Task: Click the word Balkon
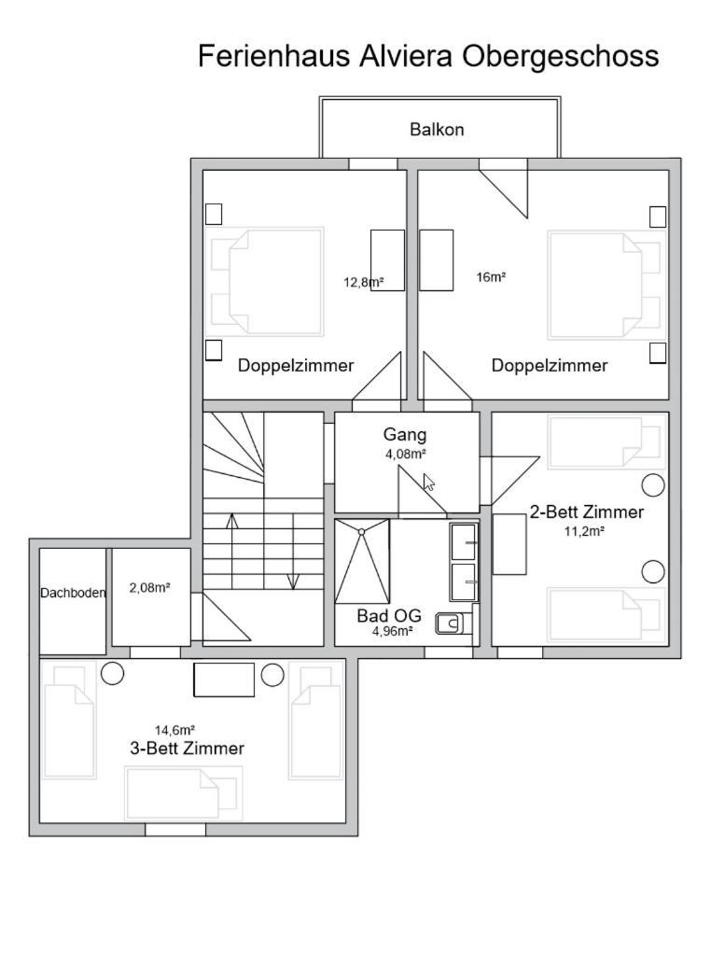[x=437, y=129]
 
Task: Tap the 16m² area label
[x=491, y=277]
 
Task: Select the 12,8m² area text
[x=363, y=282]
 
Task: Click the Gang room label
[x=405, y=435]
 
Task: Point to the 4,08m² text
[x=405, y=454]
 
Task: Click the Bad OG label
[x=389, y=616]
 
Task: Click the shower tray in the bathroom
[x=362, y=562]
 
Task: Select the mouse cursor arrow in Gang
[x=429, y=482]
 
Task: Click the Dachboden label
[x=73, y=593]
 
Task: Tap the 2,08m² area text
[x=149, y=588]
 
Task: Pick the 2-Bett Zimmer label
[x=586, y=512]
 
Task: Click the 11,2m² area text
[x=584, y=531]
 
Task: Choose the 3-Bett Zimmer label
[x=188, y=749]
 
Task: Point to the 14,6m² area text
[x=174, y=730]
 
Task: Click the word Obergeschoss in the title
[x=560, y=56]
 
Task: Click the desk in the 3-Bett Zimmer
[x=224, y=680]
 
